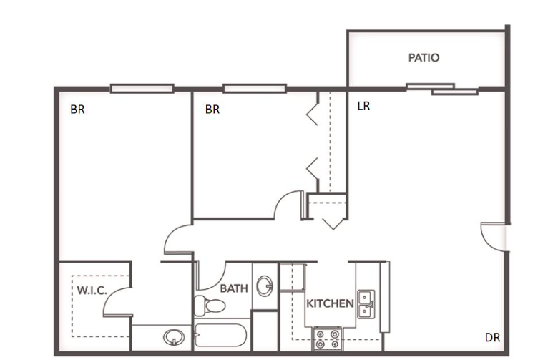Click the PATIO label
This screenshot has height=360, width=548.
tap(424, 58)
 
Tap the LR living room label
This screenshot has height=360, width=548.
tap(363, 106)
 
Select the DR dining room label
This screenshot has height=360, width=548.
tap(492, 338)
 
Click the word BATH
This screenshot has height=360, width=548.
tap(234, 288)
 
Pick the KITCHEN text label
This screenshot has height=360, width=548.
tap(330, 303)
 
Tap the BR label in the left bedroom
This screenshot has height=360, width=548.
tap(77, 110)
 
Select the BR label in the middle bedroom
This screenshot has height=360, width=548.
tap(212, 110)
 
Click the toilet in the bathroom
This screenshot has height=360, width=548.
tap(210, 306)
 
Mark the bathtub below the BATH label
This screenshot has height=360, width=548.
tap(221, 336)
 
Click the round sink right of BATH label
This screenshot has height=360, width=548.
tap(265, 287)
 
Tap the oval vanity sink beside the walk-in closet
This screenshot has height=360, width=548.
tap(172, 336)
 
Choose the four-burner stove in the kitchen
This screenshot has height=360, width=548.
tap(327, 337)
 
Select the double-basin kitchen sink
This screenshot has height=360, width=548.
tap(366, 303)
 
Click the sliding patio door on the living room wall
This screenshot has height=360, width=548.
tap(441, 89)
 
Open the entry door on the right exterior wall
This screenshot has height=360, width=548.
tap(493, 236)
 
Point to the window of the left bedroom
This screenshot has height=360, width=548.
tap(142, 89)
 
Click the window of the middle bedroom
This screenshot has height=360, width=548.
tap(254, 89)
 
